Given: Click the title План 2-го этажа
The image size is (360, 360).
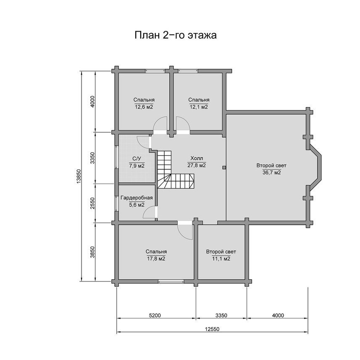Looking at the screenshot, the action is (176, 36).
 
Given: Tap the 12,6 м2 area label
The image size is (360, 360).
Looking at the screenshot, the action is (144, 107).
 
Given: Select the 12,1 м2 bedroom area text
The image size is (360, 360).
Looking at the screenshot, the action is (199, 107).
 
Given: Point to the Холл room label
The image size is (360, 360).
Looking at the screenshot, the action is (197, 158).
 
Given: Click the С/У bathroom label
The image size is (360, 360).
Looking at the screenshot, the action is (137, 159).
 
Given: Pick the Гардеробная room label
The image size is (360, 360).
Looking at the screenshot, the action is (137, 198).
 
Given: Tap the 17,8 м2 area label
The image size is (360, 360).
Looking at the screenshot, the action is (156, 259).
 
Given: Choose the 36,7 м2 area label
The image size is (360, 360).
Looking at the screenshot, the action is (272, 173).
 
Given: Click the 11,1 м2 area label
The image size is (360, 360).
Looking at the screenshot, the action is (221, 259).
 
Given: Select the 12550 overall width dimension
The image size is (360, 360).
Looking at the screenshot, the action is (212, 329).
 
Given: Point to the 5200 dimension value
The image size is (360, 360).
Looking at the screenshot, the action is (155, 315).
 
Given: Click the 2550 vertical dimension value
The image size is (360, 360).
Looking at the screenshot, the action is (92, 203).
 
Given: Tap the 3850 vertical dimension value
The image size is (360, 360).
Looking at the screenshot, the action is (92, 252).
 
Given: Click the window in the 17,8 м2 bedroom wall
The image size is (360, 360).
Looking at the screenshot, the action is (171, 281).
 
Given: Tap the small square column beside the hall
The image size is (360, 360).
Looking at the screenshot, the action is (224, 168).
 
